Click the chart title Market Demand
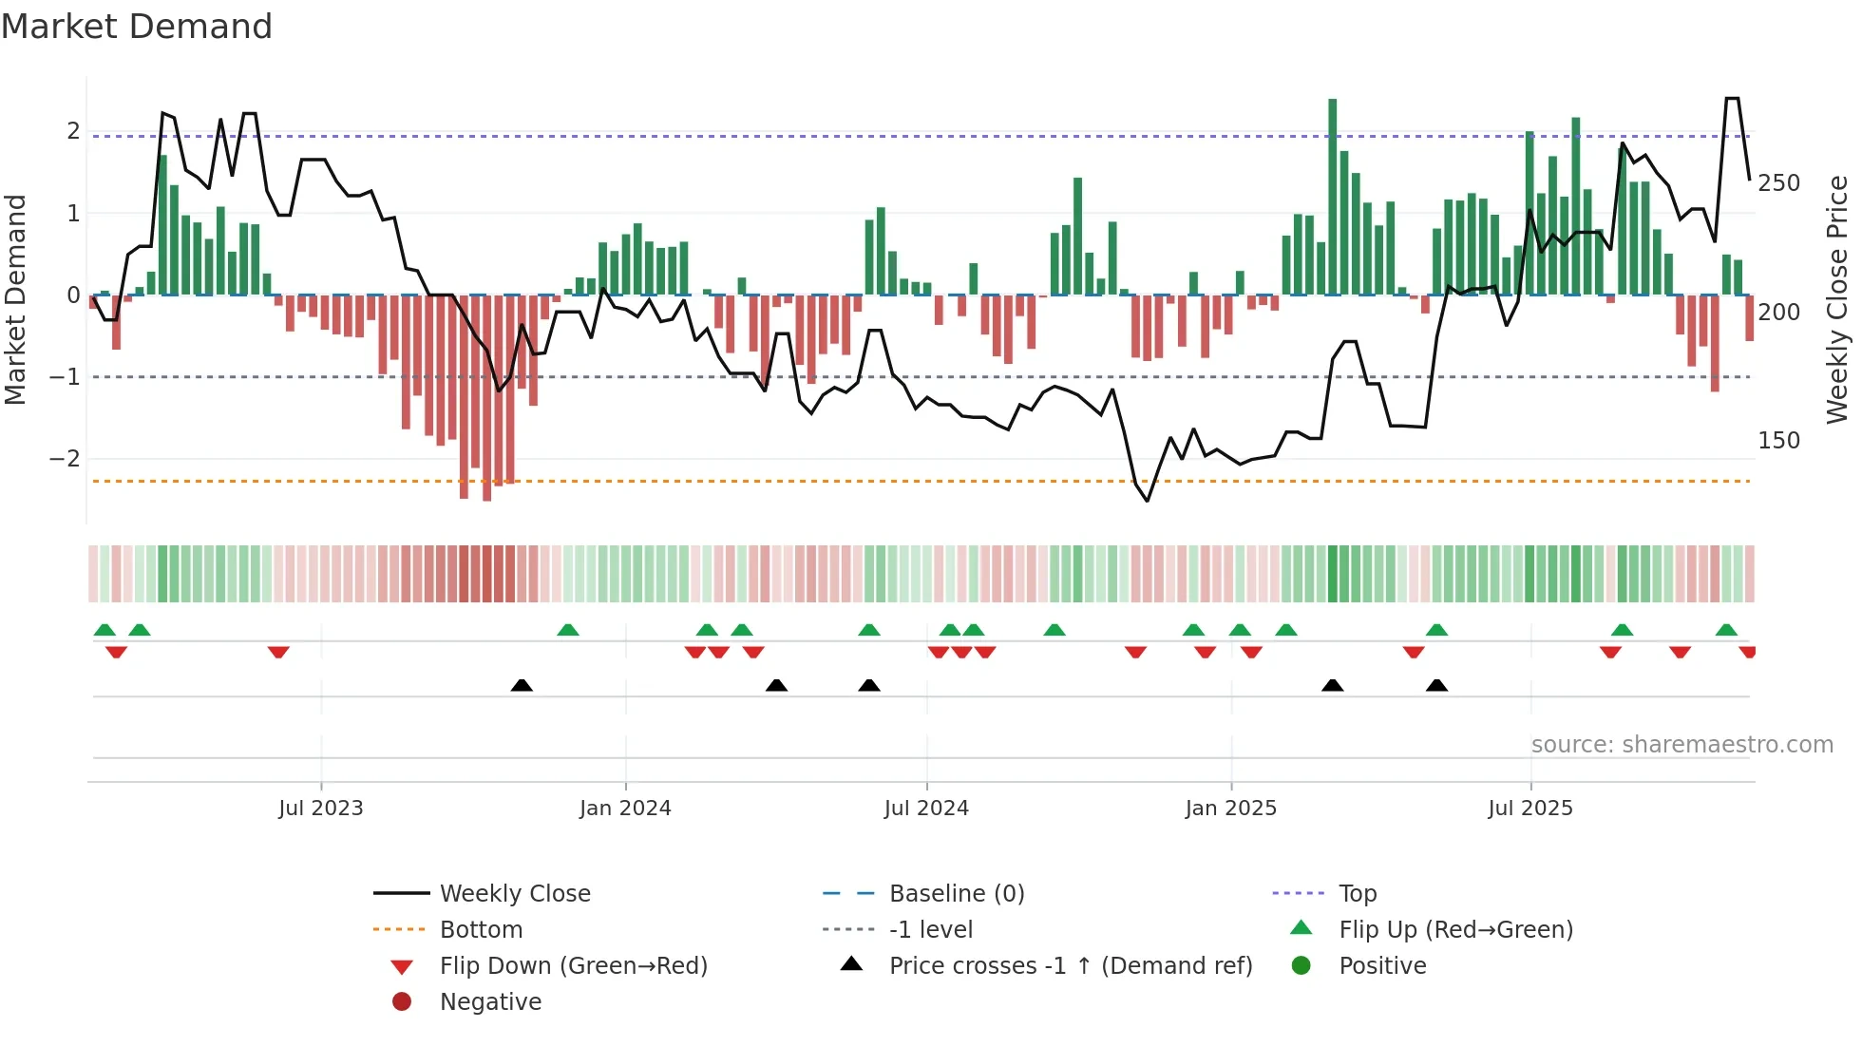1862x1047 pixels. click(x=137, y=27)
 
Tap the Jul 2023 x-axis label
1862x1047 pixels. click(x=320, y=809)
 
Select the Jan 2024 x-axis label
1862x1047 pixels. click(x=625, y=809)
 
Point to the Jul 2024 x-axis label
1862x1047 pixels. click(x=926, y=809)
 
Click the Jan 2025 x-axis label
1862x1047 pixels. click(x=1231, y=809)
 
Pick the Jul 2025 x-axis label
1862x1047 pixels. click(x=1530, y=809)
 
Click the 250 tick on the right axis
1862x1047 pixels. click(x=1778, y=183)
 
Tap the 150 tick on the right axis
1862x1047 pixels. click(x=1778, y=441)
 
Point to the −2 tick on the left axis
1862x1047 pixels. click(x=65, y=459)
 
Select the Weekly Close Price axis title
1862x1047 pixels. click(x=1837, y=299)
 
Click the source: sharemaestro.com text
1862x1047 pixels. click(x=1681, y=745)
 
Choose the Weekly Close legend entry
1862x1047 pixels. click(x=515, y=894)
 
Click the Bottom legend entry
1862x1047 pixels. click(x=481, y=930)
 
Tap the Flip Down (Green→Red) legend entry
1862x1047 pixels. click(x=573, y=966)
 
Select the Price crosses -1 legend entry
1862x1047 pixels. click(x=1071, y=966)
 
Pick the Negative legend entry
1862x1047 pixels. click(x=490, y=1002)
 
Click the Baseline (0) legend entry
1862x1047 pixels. click(x=957, y=894)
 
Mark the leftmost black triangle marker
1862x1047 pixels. click(x=522, y=685)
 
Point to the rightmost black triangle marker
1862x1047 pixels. click(x=1436, y=685)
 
